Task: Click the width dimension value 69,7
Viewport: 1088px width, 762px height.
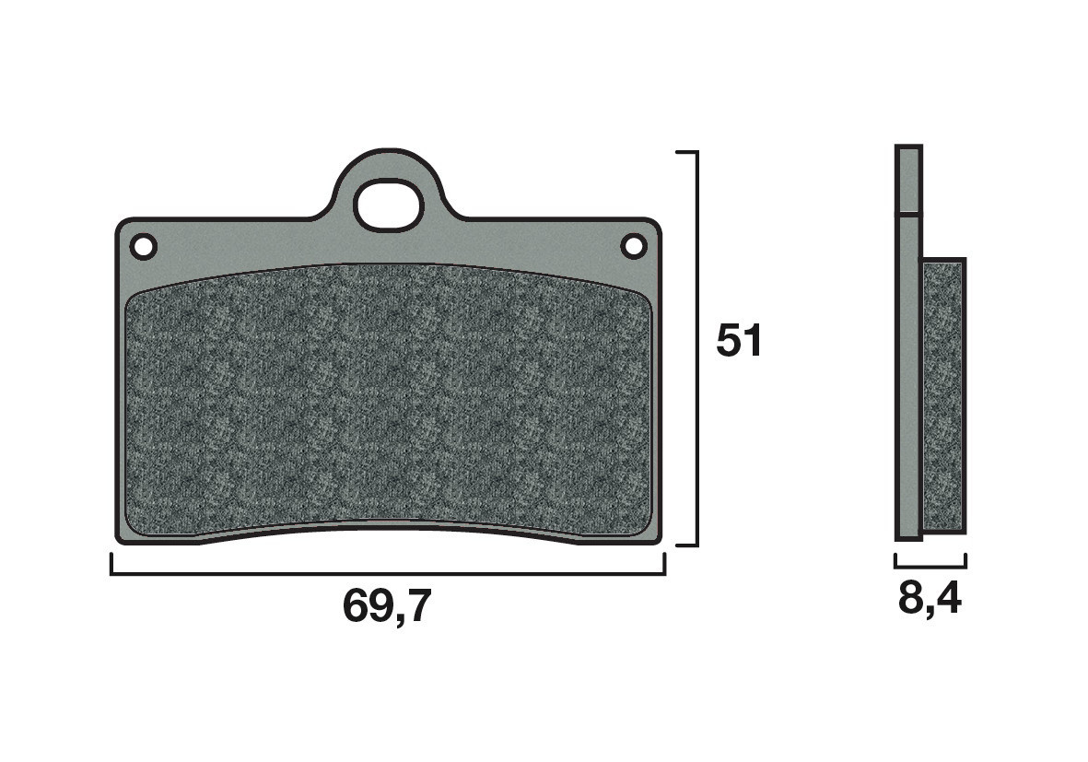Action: [x=386, y=607]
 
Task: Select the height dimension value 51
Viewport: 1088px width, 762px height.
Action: [x=740, y=342]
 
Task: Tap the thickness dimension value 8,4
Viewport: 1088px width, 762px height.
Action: [x=929, y=600]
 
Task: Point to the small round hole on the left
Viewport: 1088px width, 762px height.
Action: [x=143, y=246]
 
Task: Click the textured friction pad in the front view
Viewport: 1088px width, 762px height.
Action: [x=387, y=401]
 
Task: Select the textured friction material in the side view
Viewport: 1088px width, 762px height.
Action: [x=943, y=396]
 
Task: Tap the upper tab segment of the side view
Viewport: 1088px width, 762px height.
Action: [x=907, y=180]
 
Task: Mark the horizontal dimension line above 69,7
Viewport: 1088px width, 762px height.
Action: [x=387, y=574]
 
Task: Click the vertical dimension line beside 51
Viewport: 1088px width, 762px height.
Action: [x=697, y=348]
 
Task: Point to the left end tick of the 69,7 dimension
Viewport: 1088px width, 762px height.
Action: [x=111, y=564]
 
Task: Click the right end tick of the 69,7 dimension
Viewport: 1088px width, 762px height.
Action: [x=664, y=564]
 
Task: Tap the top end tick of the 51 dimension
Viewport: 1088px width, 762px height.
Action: [x=686, y=151]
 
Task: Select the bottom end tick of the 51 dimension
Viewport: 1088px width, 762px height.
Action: [x=686, y=545]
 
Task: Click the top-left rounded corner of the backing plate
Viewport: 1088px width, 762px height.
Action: [x=122, y=225]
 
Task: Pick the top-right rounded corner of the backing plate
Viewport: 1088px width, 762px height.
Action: [x=655, y=225]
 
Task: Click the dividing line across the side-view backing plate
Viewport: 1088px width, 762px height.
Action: [x=907, y=216]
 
